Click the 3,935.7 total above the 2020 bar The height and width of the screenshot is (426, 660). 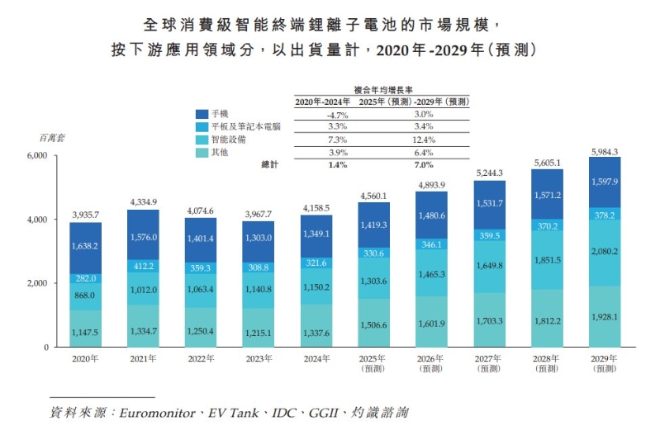click(x=85, y=212)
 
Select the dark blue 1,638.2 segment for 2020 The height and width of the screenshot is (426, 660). click(x=85, y=245)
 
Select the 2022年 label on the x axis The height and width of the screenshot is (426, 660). click(x=200, y=358)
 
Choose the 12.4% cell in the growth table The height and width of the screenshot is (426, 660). click(x=421, y=140)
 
